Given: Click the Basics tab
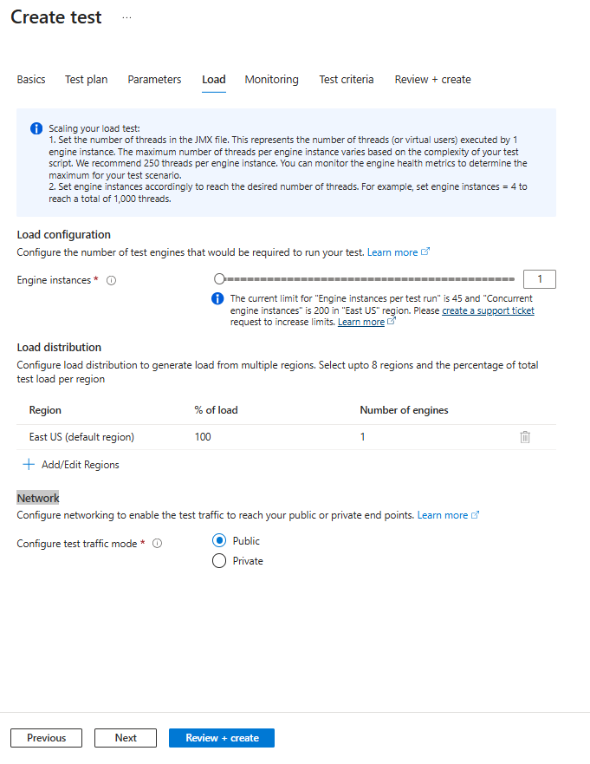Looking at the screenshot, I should click(x=31, y=80).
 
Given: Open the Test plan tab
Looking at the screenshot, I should click(x=87, y=80).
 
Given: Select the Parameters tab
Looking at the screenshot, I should click(x=154, y=80).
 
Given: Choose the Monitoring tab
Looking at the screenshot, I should click(x=271, y=80).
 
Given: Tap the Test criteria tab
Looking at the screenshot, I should click(x=347, y=80).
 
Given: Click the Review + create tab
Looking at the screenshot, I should click(x=432, y=80).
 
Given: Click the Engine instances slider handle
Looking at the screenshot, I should click(x=219, y=279).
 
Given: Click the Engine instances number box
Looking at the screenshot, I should click(x=540, y=279).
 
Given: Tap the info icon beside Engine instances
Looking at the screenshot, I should click(x=111, y=281).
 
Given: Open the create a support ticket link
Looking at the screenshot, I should click(x=488, y=310).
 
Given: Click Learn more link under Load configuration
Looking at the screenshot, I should click(x=392, y=252).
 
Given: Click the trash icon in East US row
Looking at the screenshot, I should click(x=525, y=437).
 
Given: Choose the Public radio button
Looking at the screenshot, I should click(x=219, y=541).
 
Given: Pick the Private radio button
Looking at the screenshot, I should click(x=219, y=561).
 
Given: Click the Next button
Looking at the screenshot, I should click(x=126, y=738).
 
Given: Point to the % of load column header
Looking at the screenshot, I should click(x=216, y=410).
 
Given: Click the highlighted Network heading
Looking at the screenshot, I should click(x=38, y=498).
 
